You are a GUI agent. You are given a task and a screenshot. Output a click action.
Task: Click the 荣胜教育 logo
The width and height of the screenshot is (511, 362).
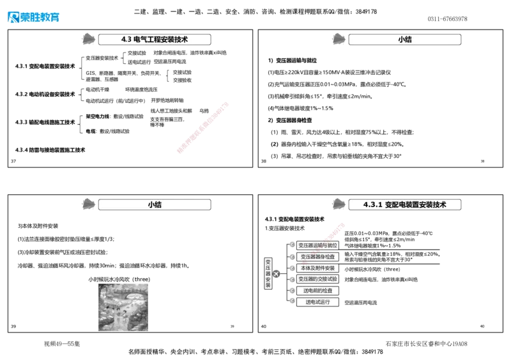33,17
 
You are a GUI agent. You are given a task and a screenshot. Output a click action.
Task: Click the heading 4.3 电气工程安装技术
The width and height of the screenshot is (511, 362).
155,39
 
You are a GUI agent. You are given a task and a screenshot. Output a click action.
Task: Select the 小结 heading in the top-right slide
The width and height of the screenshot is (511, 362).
404,39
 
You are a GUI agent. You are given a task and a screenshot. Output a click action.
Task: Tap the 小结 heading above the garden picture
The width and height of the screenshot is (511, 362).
154,205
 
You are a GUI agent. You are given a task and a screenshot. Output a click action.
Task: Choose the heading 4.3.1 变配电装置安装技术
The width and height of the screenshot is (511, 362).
404,205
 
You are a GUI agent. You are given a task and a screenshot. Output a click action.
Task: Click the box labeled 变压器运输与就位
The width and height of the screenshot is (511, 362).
317,245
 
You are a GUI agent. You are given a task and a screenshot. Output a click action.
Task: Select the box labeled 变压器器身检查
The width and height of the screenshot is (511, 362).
317,256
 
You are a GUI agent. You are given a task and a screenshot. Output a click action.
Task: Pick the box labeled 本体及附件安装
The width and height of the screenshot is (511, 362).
317,268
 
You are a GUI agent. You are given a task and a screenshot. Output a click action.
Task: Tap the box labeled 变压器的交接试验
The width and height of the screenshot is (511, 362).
317,279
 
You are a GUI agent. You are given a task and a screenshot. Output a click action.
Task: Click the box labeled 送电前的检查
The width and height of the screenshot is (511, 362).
317,291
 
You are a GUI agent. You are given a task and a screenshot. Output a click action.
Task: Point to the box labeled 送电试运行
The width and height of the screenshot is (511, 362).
317,302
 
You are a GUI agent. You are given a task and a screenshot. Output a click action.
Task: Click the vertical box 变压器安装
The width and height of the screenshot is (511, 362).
268,274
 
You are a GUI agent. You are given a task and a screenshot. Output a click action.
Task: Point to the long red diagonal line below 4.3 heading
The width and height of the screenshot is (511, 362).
202,127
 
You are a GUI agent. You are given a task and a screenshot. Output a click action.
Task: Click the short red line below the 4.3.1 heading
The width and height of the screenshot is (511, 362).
334,232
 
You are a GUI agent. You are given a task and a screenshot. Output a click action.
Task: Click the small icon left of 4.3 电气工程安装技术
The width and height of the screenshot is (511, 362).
88,39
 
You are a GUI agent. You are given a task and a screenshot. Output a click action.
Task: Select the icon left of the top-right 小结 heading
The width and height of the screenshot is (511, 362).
339,39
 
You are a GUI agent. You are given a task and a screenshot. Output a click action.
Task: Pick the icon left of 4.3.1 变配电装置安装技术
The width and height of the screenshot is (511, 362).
339,204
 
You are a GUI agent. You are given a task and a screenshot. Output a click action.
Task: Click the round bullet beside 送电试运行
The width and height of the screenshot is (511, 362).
293,301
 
